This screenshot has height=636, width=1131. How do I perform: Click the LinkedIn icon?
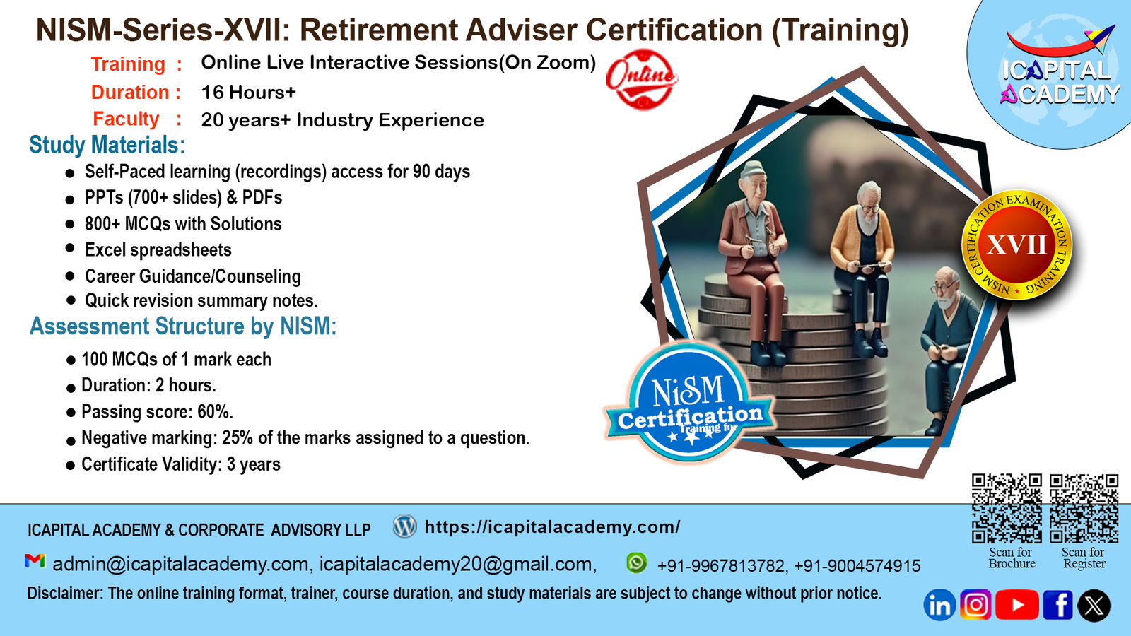coord(939,605)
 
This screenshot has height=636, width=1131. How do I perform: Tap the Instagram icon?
coord(975,604)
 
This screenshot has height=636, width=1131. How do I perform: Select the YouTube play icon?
coord(1017,604)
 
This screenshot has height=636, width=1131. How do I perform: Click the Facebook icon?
coord(1057,604)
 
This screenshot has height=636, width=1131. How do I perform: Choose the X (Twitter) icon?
coord(1094,605)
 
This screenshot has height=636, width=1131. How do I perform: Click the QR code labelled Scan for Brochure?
coord(1007,508)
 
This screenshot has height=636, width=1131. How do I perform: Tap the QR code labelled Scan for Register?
coord(1084,508)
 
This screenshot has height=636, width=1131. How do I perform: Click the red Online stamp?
coord(642,79)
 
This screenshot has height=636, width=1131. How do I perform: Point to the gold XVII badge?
coord(1016,245)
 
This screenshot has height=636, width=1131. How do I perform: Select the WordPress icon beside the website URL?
coord(405,526)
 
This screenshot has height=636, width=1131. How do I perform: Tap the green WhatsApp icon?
coord(636,563)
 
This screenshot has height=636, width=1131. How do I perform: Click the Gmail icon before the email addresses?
coord(35,561)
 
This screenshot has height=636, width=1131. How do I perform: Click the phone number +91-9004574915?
coord(857,566)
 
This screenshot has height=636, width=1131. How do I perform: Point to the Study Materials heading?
coord(107,145)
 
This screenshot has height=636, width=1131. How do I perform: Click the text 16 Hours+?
coord(248,93)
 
